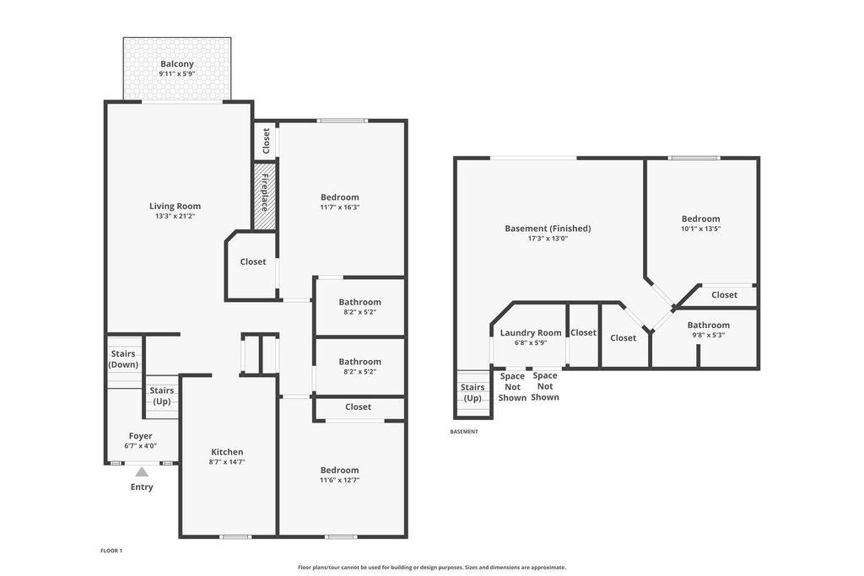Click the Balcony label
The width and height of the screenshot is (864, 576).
coord(177,64)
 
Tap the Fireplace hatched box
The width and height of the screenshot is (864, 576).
coord(264,196)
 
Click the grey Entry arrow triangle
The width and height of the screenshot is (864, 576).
coord(142,472)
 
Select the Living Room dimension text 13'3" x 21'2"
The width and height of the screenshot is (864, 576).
coord(175,217)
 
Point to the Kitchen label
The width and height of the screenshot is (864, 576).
coord(227,452)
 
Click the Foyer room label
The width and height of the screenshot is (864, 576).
coord(141,436)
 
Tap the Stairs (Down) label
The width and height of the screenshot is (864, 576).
coord(123,359)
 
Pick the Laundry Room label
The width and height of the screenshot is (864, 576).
coord(531,332)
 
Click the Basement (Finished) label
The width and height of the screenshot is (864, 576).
coord(548,229)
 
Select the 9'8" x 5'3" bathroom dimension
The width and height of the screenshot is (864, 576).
coord(709,335)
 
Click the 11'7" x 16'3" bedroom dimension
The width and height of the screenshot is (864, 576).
coord(340,207)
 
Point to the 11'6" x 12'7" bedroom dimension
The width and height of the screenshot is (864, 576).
coord(340,480)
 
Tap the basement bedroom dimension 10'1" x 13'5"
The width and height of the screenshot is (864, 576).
coord(701,229)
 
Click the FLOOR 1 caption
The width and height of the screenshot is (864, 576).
coord(111,551)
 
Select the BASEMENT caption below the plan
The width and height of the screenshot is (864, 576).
coord(464,432)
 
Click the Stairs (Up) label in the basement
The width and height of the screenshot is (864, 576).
coord(472,393)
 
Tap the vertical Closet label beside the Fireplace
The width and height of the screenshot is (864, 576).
coord(266,141)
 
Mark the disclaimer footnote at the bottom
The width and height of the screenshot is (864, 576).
coord(432,568)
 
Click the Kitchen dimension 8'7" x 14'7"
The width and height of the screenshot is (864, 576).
coord(227,462)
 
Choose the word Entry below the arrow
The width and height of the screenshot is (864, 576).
coord(142,487)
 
